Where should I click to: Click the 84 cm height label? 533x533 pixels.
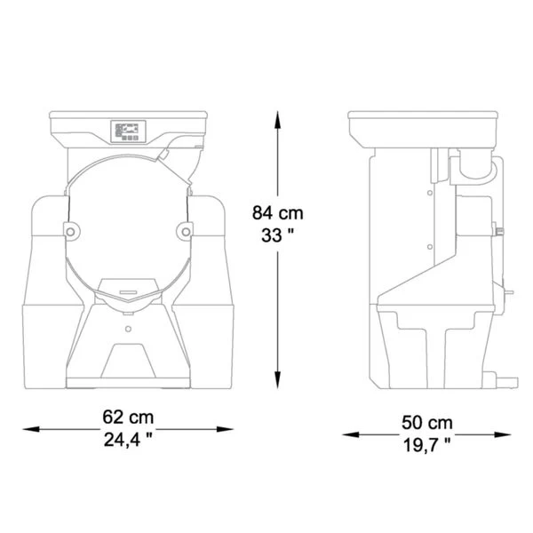(x=277, y=213)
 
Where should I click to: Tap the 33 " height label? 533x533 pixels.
(x=277, y=235)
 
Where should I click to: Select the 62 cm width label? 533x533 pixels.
(x=128, y=417)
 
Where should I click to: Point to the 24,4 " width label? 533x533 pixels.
(x=128, y=440)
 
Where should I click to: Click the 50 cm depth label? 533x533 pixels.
(x=427, y=423)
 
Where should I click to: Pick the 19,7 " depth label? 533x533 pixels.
(x=427, y=445)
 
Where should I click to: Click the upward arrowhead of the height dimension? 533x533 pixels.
(x=277, y=120)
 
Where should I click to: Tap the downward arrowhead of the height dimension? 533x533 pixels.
(x=277, y=379)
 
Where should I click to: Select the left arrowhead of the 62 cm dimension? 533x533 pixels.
(x=31, y=429)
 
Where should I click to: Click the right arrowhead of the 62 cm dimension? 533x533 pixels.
(x=225, y=429)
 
